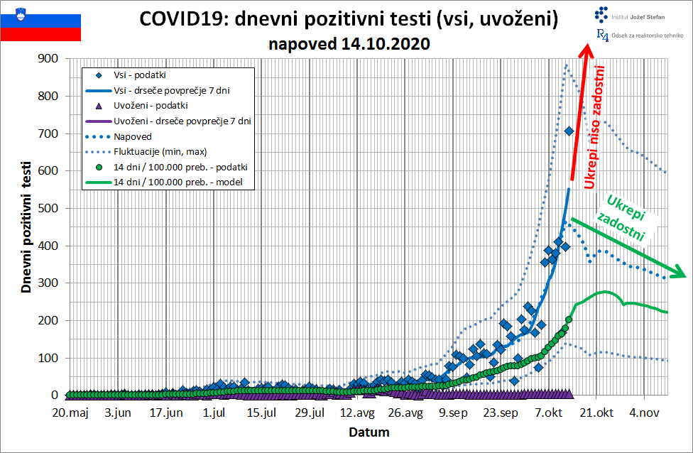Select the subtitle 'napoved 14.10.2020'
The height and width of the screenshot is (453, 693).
point(349,43)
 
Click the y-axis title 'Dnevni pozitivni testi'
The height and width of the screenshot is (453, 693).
point(26,226)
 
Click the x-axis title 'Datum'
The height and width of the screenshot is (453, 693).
point(369,431)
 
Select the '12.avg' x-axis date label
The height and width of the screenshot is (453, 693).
point(358,413)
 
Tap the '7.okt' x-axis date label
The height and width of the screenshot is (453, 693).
point(550,413)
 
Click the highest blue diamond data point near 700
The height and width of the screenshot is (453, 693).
point(569,131)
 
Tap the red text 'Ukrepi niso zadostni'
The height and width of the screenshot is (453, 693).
point(596,128)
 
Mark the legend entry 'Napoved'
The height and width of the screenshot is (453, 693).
point(133,136)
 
